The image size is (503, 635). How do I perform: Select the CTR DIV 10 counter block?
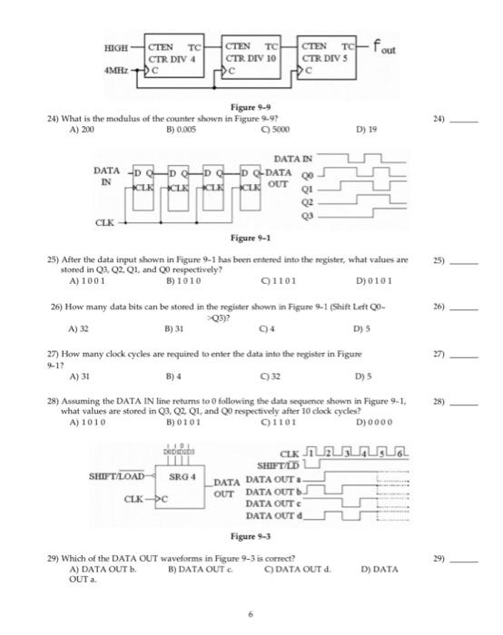(251, 55)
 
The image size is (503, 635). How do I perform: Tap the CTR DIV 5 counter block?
(327, 55)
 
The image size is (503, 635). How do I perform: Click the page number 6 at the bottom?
(251, 613)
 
